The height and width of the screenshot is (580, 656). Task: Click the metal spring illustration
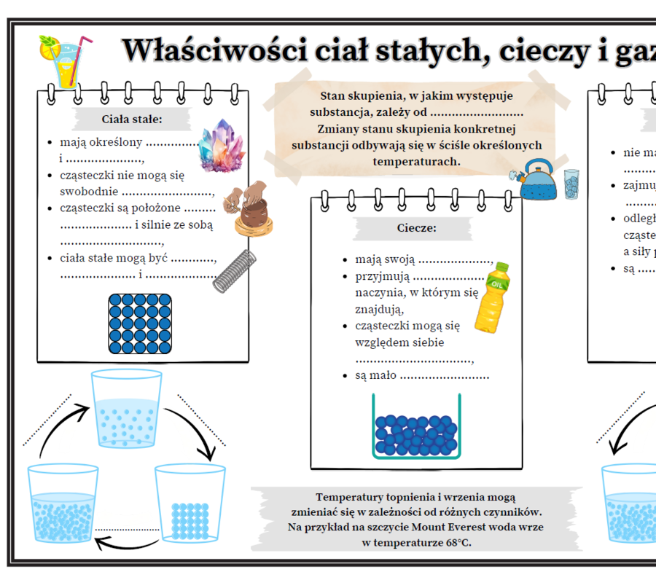click(x=235, y=270)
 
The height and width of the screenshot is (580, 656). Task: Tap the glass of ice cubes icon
click(x=571, y=183)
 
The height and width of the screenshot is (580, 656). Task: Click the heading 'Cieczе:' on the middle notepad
click(x=416, y=228)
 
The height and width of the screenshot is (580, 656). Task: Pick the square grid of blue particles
click(x=140, y=324)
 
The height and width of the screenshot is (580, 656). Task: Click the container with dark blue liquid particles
click(x=416, y=428)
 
